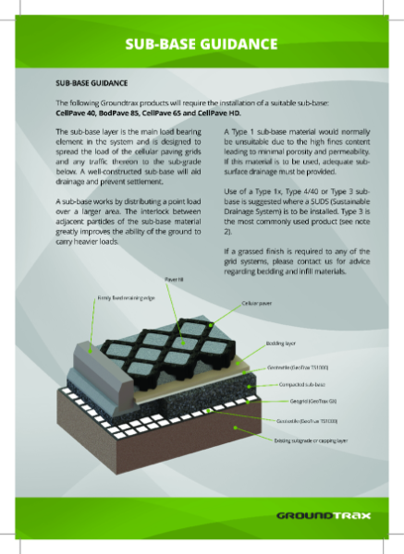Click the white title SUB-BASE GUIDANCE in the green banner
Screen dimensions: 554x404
click(202, 43)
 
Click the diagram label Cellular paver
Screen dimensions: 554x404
click(255, 303)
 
